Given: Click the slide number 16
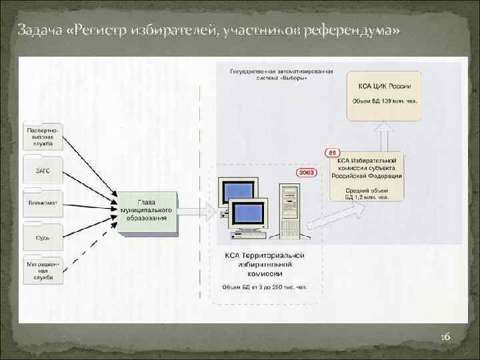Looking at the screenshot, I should click(x=445, y=339).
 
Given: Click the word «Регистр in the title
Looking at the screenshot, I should click(x=107, y=31).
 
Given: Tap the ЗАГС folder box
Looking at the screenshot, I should click(x=43, y=171).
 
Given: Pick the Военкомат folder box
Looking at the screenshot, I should click(x=43, y=203).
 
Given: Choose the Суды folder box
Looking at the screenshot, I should click(x=43, y=235).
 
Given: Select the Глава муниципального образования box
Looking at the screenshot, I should click(x=148, y=211).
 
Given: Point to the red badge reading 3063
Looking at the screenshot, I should click(x=306, y=173).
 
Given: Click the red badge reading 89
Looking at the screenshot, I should click(x=332, y=152).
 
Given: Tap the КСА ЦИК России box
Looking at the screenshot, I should click(x=383, y=95).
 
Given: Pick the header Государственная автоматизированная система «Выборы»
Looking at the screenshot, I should click(x=281, y=73).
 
